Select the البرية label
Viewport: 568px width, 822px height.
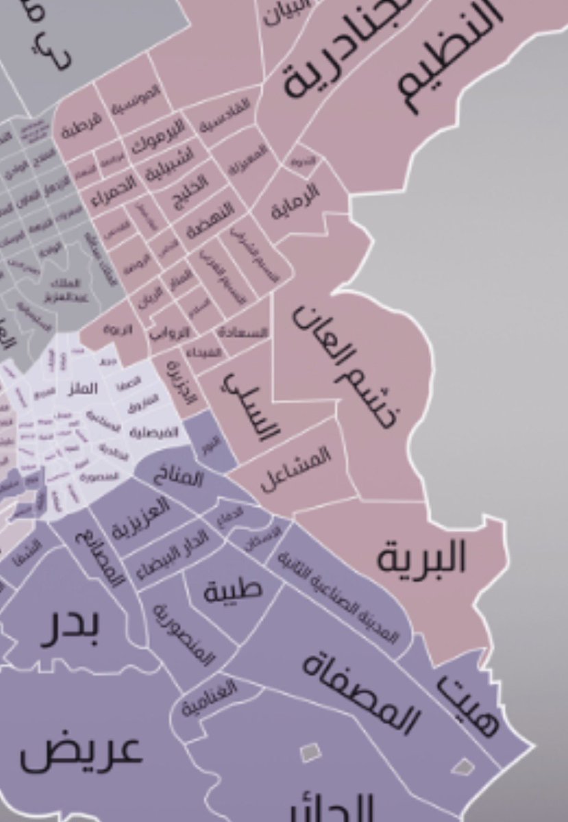point(421,558)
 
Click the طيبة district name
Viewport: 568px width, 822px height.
point(232,590)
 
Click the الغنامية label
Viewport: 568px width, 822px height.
point(209,699)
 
